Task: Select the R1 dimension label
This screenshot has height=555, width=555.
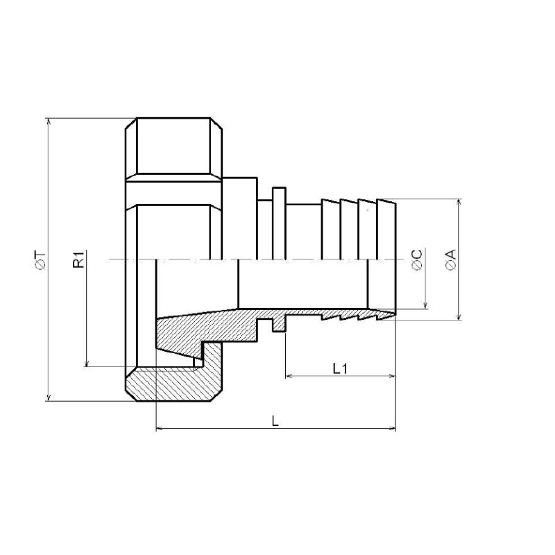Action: click(x=79, y=260)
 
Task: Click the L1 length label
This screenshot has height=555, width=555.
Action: click(x=340, y=368)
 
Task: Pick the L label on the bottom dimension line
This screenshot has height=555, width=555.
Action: click(x=275, y=421)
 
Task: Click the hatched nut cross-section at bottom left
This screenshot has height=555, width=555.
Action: click(x=173, y=385)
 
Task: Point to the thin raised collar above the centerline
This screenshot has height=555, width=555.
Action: click(x=278, y=222)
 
